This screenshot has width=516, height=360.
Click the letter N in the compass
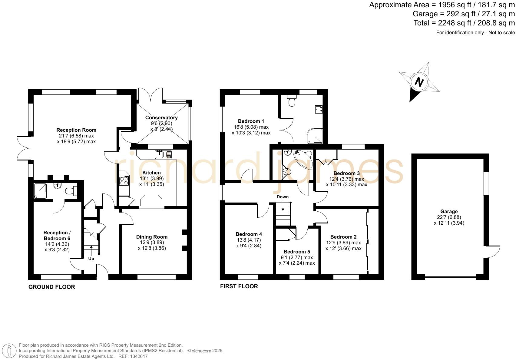pos(419,82)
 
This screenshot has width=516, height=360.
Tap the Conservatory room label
pos(161,117)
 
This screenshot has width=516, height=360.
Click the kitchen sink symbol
pos(163,154)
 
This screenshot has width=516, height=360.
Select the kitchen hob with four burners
pos(124,181)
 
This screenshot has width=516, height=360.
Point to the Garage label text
pos(449,212)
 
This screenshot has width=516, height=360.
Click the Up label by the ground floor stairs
pos(91,259)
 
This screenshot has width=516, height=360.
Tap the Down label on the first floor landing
pos(283,197)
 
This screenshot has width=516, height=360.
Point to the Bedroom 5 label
pos(297,252)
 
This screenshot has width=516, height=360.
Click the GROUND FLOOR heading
pos(51,287)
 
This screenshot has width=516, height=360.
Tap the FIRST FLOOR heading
pos(239,286)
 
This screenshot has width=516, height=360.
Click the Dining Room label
pos(152,237)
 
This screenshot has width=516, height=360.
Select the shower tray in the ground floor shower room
pos(40,191)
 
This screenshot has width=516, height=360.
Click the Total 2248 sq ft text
pos(464,23)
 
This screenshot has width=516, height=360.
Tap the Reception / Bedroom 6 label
pos(57,235)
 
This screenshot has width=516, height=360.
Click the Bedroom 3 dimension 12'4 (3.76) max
pos(346,179)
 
